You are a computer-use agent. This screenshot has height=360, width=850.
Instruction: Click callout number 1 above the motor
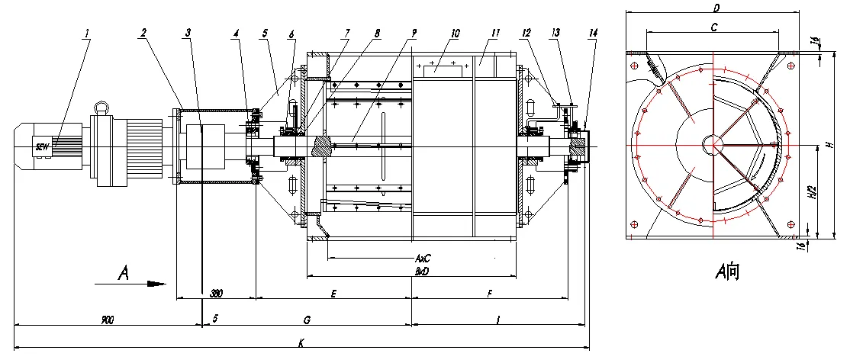(88, 34)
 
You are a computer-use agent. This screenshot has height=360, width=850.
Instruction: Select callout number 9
(413, 34)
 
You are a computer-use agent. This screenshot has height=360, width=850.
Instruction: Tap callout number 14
(594, 34)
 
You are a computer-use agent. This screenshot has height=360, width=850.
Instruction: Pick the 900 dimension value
(107, 320)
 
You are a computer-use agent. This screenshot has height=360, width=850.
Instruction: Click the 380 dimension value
(216, 294)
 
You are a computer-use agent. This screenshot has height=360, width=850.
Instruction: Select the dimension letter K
(302, 344)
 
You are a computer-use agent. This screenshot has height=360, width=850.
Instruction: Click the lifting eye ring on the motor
(101, 107)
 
